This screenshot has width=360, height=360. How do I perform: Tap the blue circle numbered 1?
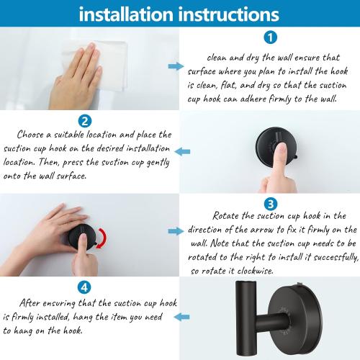click(x=269, y=38)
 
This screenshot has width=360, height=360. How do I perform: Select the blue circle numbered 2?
click(x=85, y=121)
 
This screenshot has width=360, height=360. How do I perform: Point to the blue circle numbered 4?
click(x=84, y=287)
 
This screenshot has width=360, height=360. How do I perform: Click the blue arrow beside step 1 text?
click(x=175, y=66)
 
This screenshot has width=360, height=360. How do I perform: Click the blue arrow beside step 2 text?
click(x=184, y=151)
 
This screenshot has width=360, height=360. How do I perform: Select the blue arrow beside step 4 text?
click(x=184, y=316)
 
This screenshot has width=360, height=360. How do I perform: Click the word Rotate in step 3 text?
click(x=228, y=216)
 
